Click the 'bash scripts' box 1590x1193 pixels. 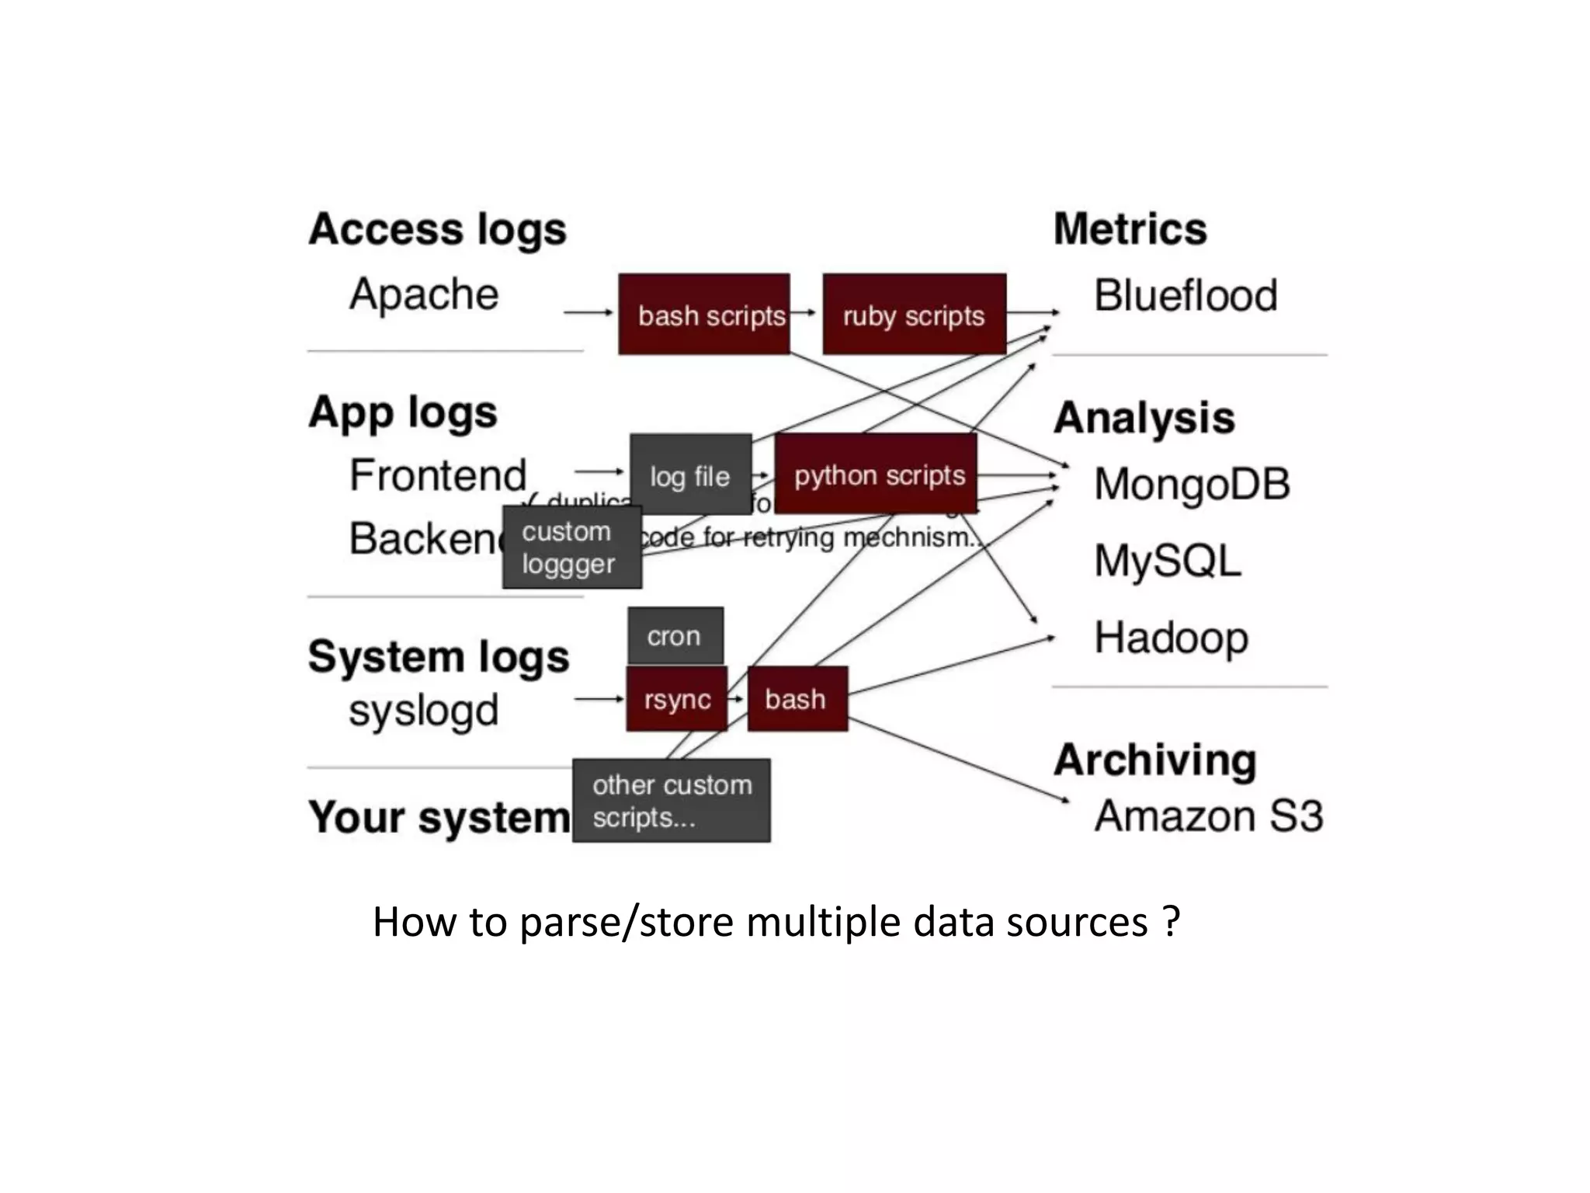pyautogui.click(x=703, y=315)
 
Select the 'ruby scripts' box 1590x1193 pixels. pyautogui.click(x=914, y=315)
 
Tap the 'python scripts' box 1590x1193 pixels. pyautogui.click(x=876, y=474)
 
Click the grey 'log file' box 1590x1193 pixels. pyautogui.click(x=690, y=474)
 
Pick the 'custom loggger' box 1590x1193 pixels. pyautogui.click(x=571, y=548)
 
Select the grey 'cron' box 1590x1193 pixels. pyautogui.click(x=675, y=636)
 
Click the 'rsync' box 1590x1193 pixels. pyautogui.click(x=676, y=699)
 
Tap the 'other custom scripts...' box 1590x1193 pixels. pyautogui.click(x=672, y=801)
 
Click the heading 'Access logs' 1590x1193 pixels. pyautogui.click(x=437, y=230)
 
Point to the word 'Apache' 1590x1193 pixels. pyautogui.click(x=424, y=294)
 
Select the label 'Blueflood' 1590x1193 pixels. pyautogui.click(x=1185, y=296)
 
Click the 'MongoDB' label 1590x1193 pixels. pyautogui.click(x=1191, y=484)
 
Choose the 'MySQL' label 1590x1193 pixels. pyautogui.click(x=1167, y=561)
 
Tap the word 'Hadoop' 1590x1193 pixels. pyautogui.click(x=1171, y=638)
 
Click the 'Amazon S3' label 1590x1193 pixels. pyautogui.click(x=1208, y=816)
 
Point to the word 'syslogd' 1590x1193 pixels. pyautogui.click(x=424, y=711)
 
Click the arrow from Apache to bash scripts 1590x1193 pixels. pyautogui.click(x=588, y=312)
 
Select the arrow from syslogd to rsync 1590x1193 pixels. pyautogui.click(x=599, y=699)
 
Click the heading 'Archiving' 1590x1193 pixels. pyautogui.click(x=1154, y=760)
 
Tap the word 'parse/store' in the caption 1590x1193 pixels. pyautogui.click(x=627, y=923)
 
